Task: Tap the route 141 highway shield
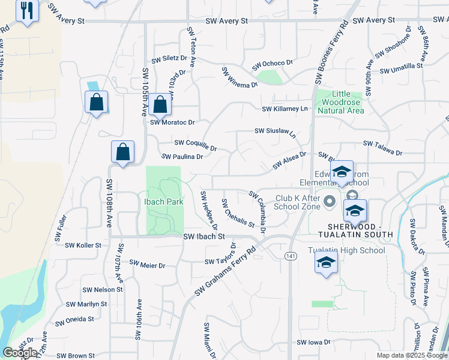tap(291, 256)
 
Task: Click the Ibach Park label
tap(163, 202)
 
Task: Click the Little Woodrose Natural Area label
tap(340, 102)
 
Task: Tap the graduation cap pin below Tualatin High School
tap(326, 263)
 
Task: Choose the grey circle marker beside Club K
tap(329, 202)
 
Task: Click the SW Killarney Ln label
tap(284, 109)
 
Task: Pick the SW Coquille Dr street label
tap(195, 143)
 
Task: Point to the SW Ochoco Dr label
tap(272, 63)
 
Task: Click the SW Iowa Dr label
tap(313, 342)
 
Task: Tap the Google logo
tap(20, 353)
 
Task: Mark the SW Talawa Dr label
tap(382, 148)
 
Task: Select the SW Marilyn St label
tap(86, 304)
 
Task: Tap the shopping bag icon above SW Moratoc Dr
tap(160, 105)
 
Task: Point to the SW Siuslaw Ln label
tap(276, 132)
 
